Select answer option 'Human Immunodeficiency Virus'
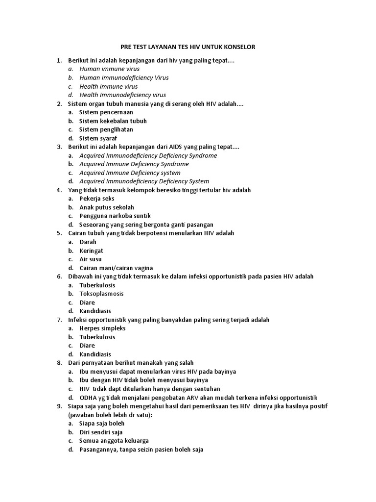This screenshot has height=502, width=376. pyautogui.click(x=124, y=77)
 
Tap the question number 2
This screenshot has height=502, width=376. pyautogui.click(x=59, y=104)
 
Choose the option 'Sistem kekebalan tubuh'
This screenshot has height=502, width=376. pyautogui.click(x=113, y=121)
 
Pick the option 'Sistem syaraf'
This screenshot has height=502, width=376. pyautogui.click(x=98, y=138)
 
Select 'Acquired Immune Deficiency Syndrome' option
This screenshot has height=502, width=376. pyautogui.click(x=134, y=164)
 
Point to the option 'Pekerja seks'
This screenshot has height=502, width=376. pyautogui.click(x=97, y=199)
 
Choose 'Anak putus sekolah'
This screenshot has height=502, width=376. pyautogui.click(x=106, y=207)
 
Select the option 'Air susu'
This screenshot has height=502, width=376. pyautogui.click(x=91, y=259)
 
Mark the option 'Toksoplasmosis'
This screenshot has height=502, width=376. pyautogui.click(x=101, y=294)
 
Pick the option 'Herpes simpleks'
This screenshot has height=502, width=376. pyautogui.click(x=102, y=328)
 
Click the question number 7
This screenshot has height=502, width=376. pyautogui.click(x=59, y=320)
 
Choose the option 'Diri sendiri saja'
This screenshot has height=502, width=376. pyautogui.click(x=101, y=432)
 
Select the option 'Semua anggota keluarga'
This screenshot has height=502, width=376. pyautogui.click(x=114, y=440)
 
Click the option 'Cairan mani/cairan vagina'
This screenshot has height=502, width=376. pyautogui.click(x=116, y=268)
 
